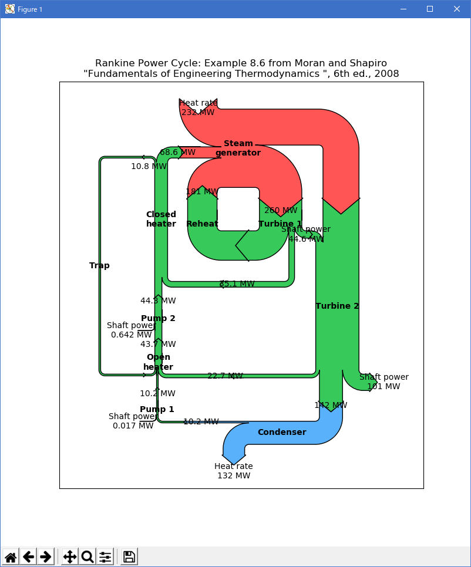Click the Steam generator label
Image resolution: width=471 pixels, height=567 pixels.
(238, 148)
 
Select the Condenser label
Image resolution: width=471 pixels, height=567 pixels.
(282, 433)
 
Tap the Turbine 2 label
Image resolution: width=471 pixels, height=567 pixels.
(337, 306)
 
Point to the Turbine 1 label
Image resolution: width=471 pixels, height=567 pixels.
(280, 224)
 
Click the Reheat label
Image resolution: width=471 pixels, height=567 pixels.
(202, 224)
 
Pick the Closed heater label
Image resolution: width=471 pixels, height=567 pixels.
(161, 219)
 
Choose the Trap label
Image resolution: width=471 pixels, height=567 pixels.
(99, 265)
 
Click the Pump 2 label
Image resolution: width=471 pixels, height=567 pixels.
(158, 319)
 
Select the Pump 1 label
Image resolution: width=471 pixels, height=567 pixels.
(157, 409)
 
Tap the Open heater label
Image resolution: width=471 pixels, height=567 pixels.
(159, 362)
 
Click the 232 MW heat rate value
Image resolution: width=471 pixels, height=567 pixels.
(197, 113)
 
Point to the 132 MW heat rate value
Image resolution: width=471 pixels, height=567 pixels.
(234, 475)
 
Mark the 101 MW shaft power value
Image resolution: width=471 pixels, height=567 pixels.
(383, 386)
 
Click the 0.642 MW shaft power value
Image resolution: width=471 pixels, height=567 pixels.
(131, 335)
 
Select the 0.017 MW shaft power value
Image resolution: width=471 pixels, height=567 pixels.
(133, 426)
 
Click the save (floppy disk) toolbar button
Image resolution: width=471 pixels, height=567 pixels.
(129, 556)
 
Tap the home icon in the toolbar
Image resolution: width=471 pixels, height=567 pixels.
(11, 556)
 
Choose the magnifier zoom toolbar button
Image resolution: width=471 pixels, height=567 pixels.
(87, 556)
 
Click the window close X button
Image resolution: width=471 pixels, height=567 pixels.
(456, 9)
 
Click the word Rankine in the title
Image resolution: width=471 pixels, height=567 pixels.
(114, 63)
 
